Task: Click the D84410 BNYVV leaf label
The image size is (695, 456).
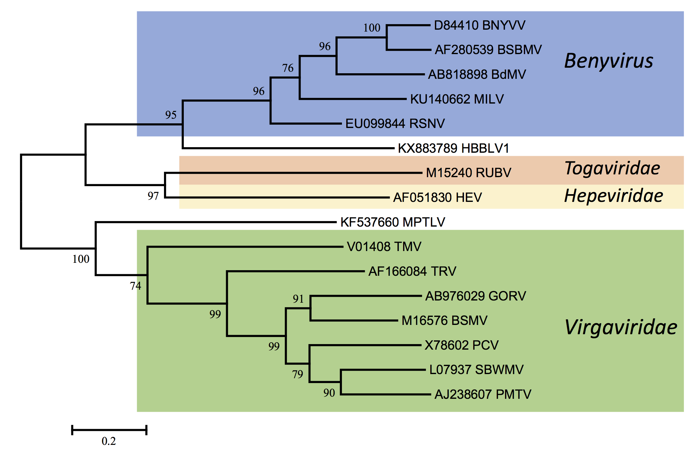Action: pos(479,25)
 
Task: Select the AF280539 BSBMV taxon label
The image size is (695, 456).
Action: pos(488,50)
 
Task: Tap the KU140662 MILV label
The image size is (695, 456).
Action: pos(457,99)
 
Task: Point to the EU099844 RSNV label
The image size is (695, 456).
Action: pos(395,124)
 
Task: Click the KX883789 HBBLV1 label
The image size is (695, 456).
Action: pos(453,148)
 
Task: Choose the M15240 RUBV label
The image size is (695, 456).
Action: pos(468,173)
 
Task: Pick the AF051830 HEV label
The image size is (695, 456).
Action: pos(437,198)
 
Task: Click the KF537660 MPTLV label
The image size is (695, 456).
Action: pos(393,222)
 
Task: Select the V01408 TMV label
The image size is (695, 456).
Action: pos(384,247)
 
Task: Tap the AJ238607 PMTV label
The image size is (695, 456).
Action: pos(483,394)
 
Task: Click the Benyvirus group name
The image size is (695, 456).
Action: pos(609,61)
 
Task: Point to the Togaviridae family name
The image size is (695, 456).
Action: pos(612,168)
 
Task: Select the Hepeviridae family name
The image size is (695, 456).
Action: pos(613,196)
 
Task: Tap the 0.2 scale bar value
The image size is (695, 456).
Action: pos(109,441)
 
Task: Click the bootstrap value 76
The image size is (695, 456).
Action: pos(288,68)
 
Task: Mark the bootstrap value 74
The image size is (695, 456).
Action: pos(135,286)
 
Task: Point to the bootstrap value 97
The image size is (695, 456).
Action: pos(153,196)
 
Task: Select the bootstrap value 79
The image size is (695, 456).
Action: pos(297,374)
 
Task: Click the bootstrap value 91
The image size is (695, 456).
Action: pos(298,299)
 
